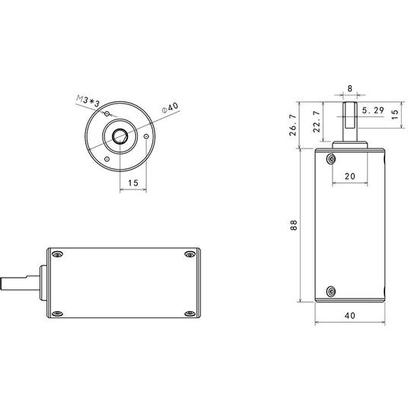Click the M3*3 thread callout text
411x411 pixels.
click(x=88, y=101)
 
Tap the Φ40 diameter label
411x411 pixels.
click(x=170, y=107)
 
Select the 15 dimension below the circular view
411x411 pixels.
click(x=133, y=183)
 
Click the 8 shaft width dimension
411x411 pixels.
click(x=350, y=88)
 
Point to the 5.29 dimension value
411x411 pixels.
click(x=373, y=110)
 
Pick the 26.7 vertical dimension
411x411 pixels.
click(x=293, y=125)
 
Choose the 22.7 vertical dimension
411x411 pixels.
click(x=317, y=121)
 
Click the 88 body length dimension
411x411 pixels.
click(x=294, y=225)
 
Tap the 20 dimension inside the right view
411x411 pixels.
click(x=350, y=176)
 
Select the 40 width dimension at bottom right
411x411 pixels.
click(x=350, y=315)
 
